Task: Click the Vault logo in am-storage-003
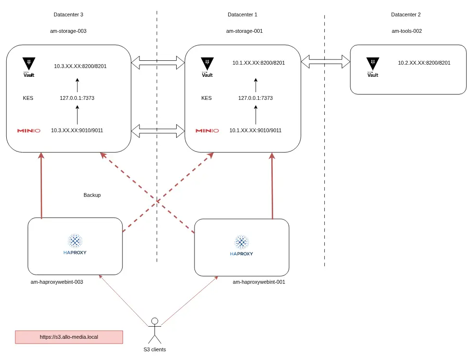pos(29,68)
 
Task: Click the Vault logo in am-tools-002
pos(373,68)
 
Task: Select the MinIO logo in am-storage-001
pos(207,130)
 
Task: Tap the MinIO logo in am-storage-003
pos(28,130)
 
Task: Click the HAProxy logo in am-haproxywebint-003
pos(75,244)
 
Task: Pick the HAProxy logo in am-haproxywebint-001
pos(241,246)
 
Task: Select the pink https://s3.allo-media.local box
pos(69,337)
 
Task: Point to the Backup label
pos(92,195)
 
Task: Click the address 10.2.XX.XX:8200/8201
pos(424,63)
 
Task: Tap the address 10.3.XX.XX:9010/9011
pos(77,130)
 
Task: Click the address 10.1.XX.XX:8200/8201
pos(259,63)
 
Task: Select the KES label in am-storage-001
pos(207,98)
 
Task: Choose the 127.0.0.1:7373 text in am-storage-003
pos(77,98)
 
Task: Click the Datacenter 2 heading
pos(406,14)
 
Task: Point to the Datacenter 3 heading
pos(69,14)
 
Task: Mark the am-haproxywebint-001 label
pos(259,282)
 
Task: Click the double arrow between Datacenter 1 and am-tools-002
pos(325,61)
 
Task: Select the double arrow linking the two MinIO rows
pos(158,130)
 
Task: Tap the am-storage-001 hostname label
pos(244,31)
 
